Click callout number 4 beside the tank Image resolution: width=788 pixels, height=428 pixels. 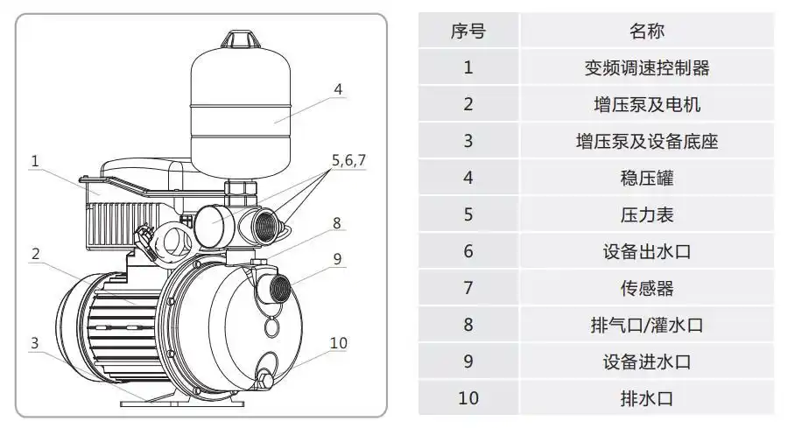pyautogui.click(x=338, y=89)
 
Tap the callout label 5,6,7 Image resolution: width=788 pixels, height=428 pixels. pyautogui.click(x=348, y=160)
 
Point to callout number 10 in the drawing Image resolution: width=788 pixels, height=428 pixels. pyautogui.click(x=338, y=342)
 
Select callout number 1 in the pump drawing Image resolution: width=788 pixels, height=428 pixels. pyautogui.click(x=35, y=161)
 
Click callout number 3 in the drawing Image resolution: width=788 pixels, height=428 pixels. pyautogui.click(x=34, y=342)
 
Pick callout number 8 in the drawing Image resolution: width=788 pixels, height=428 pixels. pyautogui.click(x=336, y=222)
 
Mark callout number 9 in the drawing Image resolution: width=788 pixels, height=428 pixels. pyautogui.click(x=337, y=259)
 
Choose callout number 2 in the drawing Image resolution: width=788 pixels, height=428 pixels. pyautogui.click(x=35, y=254)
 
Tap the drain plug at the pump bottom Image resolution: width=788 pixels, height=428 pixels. pyautogui.click(x=264, y=380)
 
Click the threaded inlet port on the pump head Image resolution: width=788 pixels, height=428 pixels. pyautogui.click(x=280, y=288)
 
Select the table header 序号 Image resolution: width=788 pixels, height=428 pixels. pyautogui.click(x=468, y=32)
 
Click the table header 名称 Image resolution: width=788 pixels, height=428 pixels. pyautogui.click(x=647, y=32)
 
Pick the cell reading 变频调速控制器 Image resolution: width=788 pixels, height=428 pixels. pyautogui.click(x=647, y=67)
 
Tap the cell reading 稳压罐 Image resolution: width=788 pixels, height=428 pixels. pyautogui.click(x=647, y=178)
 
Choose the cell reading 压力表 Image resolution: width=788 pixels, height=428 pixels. pyautogui.click(x=647, y=214)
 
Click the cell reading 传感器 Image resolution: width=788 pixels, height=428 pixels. pyautogui.click(x=647, y=288)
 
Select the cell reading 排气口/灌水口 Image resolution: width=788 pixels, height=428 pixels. pyautogui.click(x=647, y=325)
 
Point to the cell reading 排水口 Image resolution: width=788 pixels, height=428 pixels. pyautogui.click(x=647, y=398)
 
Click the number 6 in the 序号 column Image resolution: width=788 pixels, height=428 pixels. pyautogui.click(x=468, y=251)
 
